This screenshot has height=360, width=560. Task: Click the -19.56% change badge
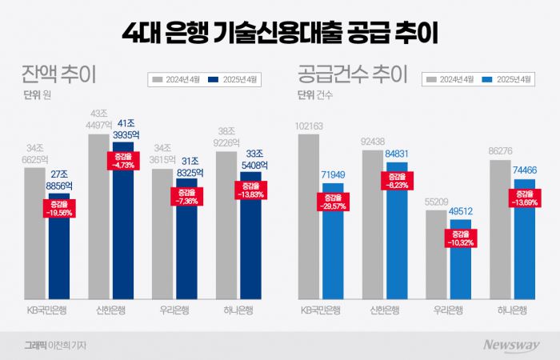click(58, 209)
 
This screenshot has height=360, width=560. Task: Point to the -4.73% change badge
click(121, 160)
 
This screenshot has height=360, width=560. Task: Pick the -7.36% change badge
click(186, 197)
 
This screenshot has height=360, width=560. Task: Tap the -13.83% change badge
click(250, 190)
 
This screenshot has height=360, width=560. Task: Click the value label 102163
click(308, 126)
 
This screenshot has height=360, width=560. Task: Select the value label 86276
click(500, 150)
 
